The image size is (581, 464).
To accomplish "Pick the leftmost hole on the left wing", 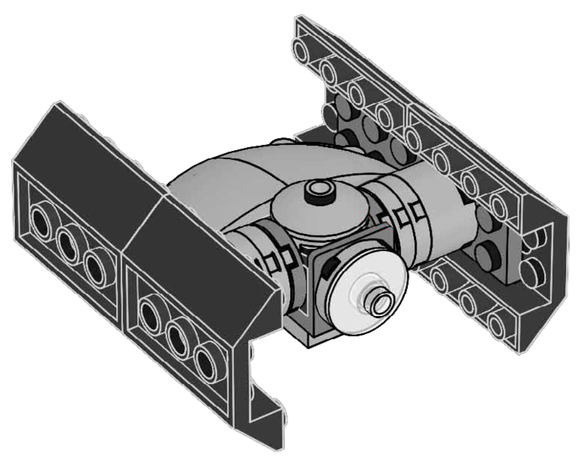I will coord(42,223).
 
